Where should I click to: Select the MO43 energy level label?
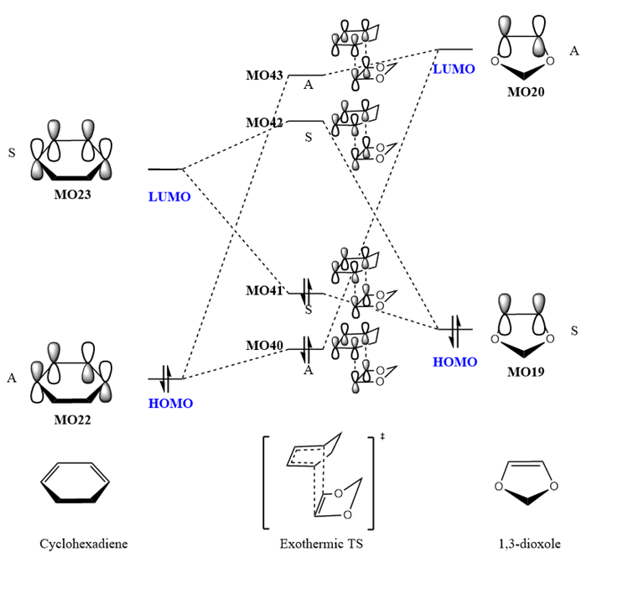point(264,76)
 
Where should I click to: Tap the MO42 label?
point(264,122)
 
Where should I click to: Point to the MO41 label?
point(264,291)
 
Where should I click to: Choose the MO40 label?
point(264,346)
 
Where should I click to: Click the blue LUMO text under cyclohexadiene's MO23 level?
point(169,197)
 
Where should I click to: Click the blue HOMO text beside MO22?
point(170,404)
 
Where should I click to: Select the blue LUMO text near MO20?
point(454,69)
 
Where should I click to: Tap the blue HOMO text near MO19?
point(454,362)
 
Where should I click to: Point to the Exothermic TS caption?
point(316,545)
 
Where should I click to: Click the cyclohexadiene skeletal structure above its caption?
point(75,485)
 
